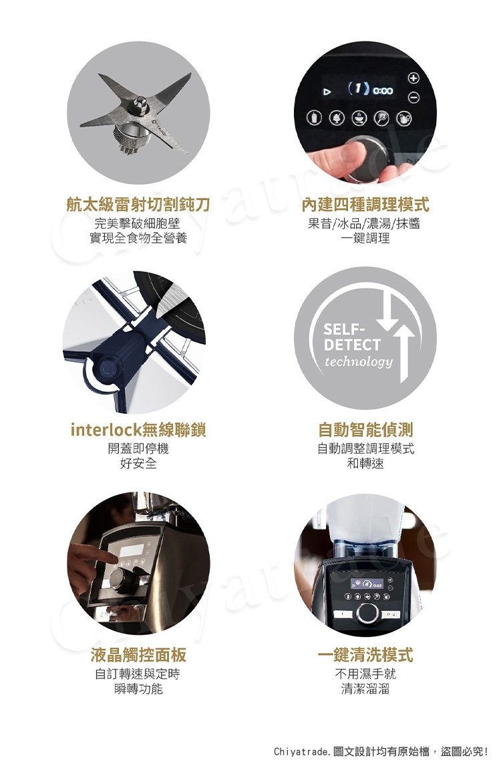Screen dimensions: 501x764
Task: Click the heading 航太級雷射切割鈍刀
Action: (x=138, y=205)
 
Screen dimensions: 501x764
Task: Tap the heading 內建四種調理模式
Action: (x=365, y=205)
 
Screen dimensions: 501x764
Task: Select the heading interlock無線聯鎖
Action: (x=138, y=429)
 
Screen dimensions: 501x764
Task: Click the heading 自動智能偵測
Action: (x=365, y=429)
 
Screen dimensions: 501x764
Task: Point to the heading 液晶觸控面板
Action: (x=138, y=655)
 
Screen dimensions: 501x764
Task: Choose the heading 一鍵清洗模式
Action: (x=365, y=655)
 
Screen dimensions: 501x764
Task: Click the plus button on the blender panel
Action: (x=413, y=78)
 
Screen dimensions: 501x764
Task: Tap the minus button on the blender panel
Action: (x=413, y=98)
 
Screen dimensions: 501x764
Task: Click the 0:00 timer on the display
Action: (x=383, y=90)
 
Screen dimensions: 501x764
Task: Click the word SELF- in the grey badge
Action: (x=343, y=329)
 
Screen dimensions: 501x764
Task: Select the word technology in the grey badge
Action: (x=359, y=362)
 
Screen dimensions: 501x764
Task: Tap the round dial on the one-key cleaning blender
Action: (x=367, y=612)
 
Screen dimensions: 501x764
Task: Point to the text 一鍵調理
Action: (x=365, y=238)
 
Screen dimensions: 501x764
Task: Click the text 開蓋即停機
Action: (x=138, y=448)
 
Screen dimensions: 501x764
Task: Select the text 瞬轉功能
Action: (x=138, y=688)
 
